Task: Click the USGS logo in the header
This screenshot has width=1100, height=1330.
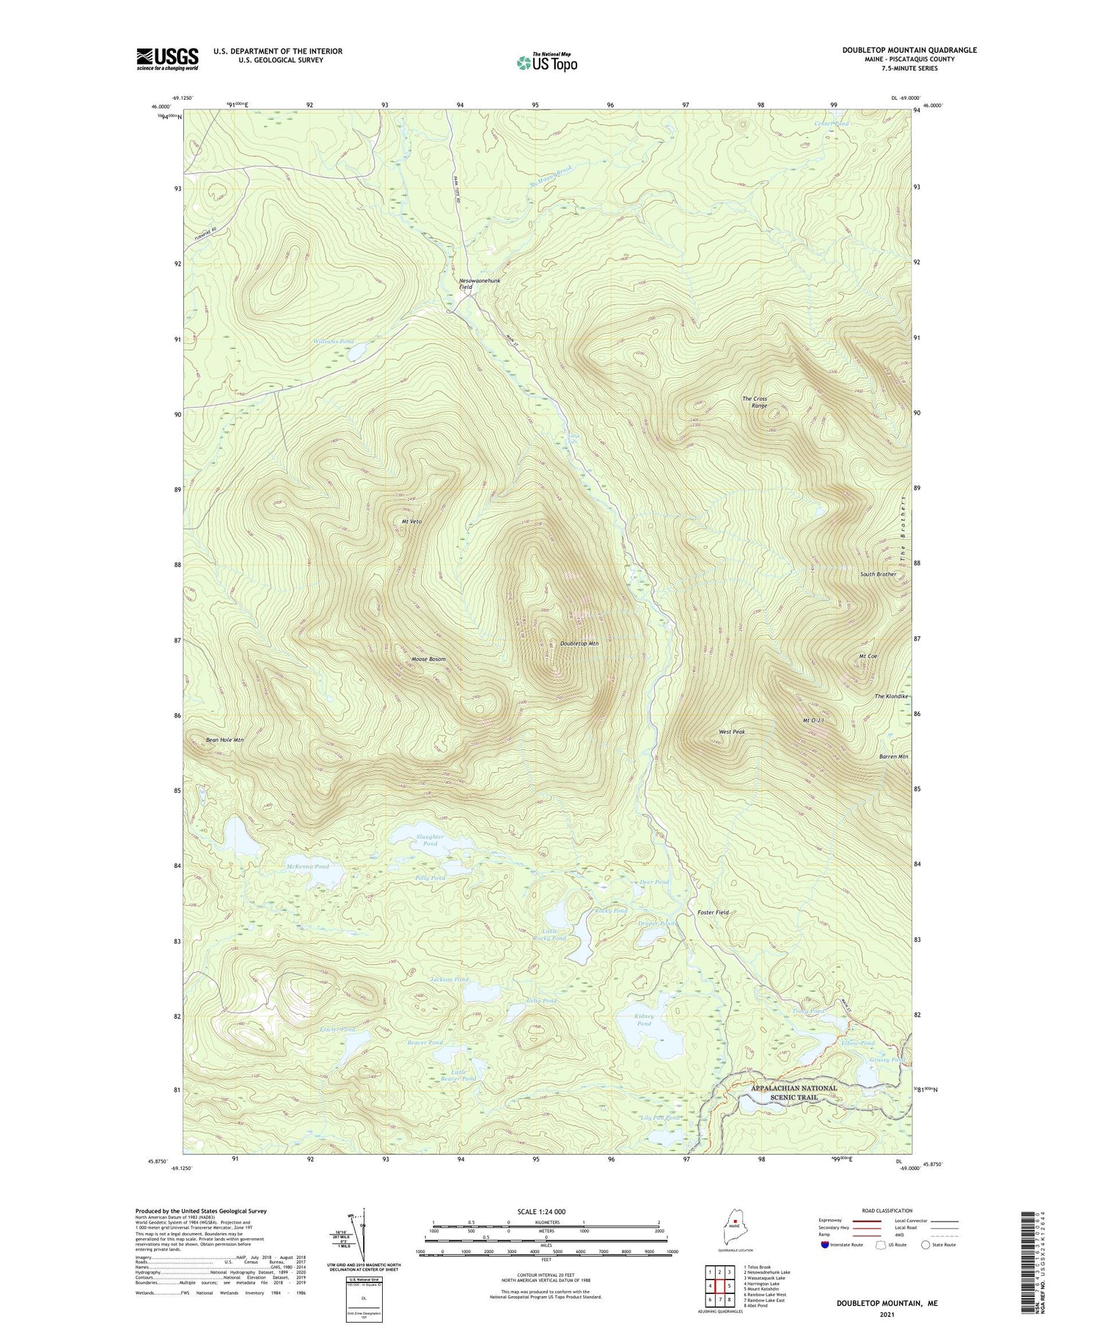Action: (167, 59)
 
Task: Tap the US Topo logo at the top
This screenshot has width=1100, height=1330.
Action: (546, 63)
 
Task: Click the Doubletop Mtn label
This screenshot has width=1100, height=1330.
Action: (579, 643)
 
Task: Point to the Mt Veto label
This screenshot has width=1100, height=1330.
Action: (411, 521)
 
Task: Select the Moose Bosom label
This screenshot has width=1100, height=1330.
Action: (429, 659)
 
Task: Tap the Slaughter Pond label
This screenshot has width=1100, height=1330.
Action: (430, 840)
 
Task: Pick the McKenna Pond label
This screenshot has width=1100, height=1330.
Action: (307, 866)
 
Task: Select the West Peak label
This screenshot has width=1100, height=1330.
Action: (732, 731)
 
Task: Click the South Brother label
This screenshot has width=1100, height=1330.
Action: (878, 574)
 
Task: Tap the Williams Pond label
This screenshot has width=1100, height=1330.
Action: (333, 342)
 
